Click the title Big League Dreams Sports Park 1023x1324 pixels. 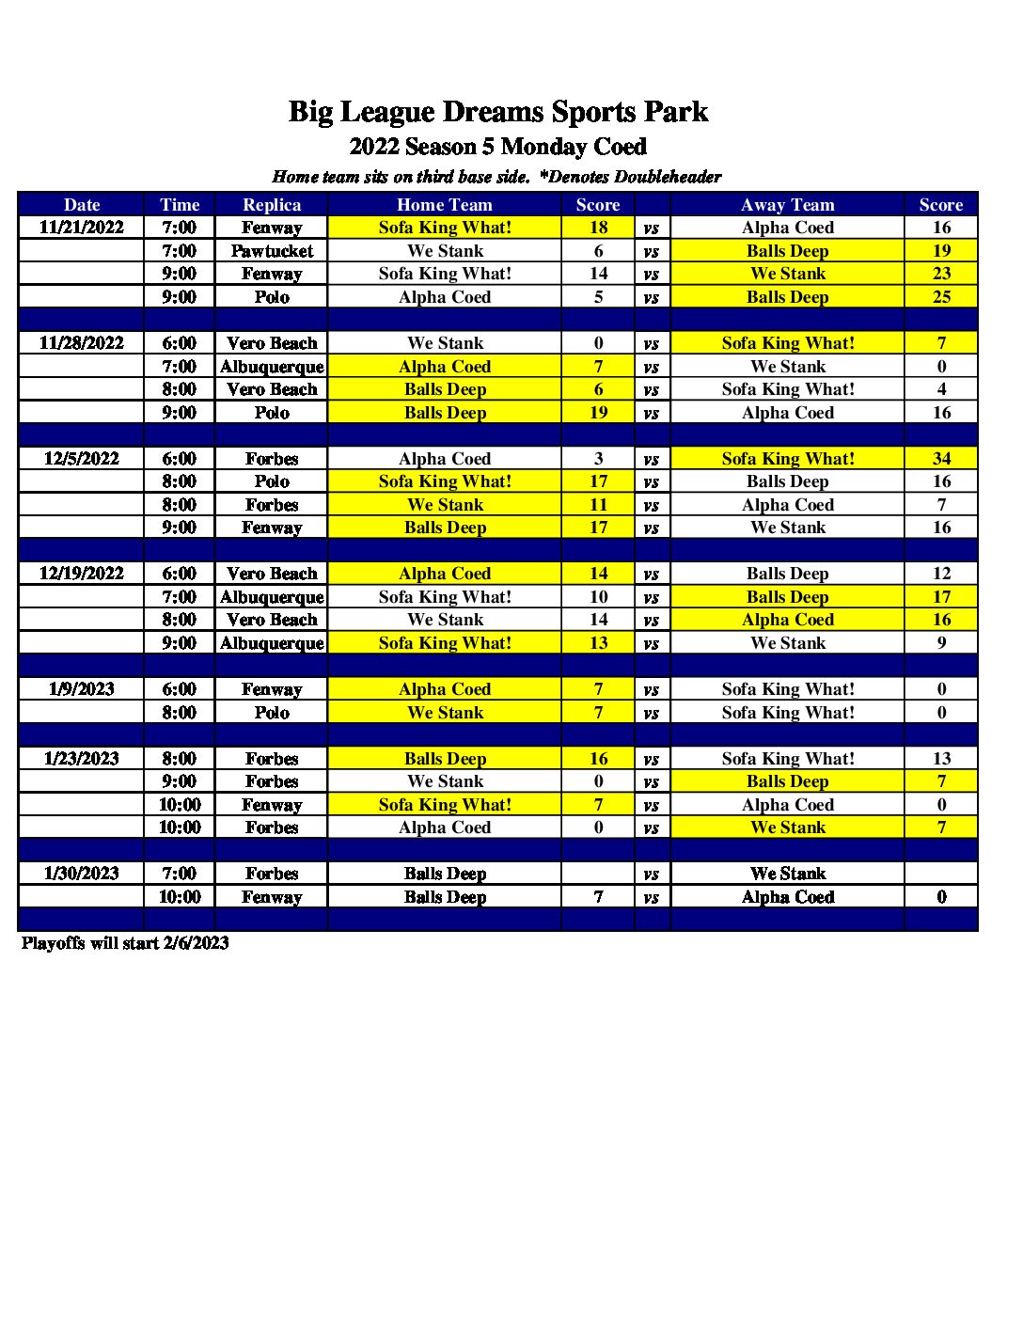coord(497,112)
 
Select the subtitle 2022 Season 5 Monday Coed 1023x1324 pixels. coord(497,147)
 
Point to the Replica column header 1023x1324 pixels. coord(272,205)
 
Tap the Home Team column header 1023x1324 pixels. coord(445,205)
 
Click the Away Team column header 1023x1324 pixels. coord(787,205)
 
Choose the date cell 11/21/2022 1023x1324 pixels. coord(82,228)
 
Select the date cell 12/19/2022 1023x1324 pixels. coord(82,574)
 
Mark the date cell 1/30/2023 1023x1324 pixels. coord(82,874)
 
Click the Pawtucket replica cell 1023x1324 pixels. coord(272,251)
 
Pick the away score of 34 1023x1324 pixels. coord(941,459)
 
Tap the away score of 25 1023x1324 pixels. coord(941,297)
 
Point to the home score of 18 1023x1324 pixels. coord(598,228)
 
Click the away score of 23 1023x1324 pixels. coord(941,274)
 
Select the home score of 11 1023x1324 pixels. coord(598,505)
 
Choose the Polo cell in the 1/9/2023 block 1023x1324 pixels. coord(272,713)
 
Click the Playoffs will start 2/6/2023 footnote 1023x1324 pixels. coord(125,943)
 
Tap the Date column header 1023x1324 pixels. coord(82,205)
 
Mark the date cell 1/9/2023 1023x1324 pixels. coord(82,689)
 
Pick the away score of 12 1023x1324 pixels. coord(941,574)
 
